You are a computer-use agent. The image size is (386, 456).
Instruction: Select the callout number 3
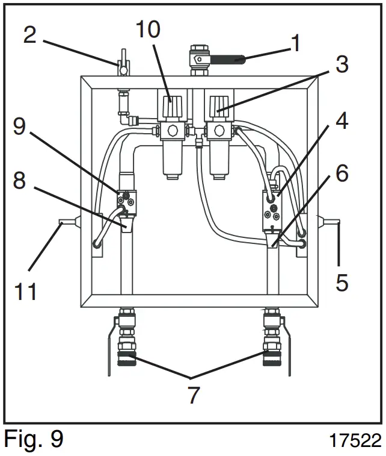(x=342, y=64)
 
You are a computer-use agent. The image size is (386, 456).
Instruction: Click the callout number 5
(x=342, y=281)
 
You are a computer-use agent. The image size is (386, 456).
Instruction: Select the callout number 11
(x=26, y=291)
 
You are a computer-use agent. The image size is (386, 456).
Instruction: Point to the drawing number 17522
(x=355, y=440)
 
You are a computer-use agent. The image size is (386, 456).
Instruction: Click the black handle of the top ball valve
(x=227, y=60)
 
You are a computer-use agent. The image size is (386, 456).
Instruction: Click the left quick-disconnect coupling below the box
(x=126, y=355)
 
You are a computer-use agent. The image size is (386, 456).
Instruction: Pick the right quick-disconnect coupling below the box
(x=272, y=355)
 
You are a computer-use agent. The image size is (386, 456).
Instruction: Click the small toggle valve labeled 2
(x=123, y=65)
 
